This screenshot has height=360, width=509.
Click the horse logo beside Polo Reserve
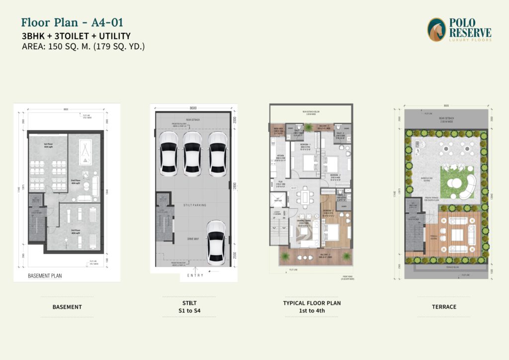[436, 30]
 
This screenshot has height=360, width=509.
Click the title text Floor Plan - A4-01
[72, 22]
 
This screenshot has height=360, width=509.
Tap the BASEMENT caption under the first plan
[67, 307]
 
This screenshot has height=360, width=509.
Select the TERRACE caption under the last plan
[444, 307]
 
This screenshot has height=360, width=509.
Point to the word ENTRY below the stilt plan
[195, 275]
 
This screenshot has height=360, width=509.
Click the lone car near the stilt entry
[216, 242]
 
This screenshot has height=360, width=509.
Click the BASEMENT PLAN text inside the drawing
[45, 275]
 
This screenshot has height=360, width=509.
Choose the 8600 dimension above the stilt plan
[192, 108]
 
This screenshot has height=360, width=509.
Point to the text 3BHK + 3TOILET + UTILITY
[76, 36]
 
